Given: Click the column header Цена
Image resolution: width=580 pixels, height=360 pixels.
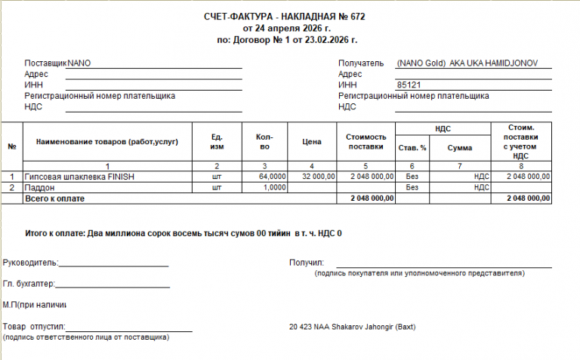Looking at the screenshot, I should pyautogui.click(x=313, y=142).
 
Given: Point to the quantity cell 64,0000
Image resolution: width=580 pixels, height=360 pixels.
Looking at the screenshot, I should pyautogui.click(x=273, y=176).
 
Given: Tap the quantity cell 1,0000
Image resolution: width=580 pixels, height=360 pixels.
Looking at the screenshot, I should pyautogui.click(x=275, y=187).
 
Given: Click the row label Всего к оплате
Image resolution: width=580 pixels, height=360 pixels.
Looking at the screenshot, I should pyautogui.click(x=54, y=198).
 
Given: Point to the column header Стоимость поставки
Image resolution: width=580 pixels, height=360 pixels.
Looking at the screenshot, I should pyautogui.click(x=366, y=142).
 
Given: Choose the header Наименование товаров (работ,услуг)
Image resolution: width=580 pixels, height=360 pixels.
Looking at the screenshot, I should pyautogui.click(x=107, y=142).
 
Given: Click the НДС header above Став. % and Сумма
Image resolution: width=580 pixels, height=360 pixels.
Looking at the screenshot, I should pyautogui.click(x=443, y=130).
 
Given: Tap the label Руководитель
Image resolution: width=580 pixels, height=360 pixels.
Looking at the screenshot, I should pyautogui.click(x=29, y=263).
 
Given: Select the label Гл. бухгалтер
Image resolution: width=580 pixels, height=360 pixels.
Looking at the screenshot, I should pyautogui.click(x=29, y=285).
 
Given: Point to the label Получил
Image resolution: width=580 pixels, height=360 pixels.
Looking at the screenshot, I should pyautogui.click(x=306, y=263).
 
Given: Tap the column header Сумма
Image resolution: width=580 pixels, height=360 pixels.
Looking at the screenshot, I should pyautogui.click(x=460, y=148).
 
